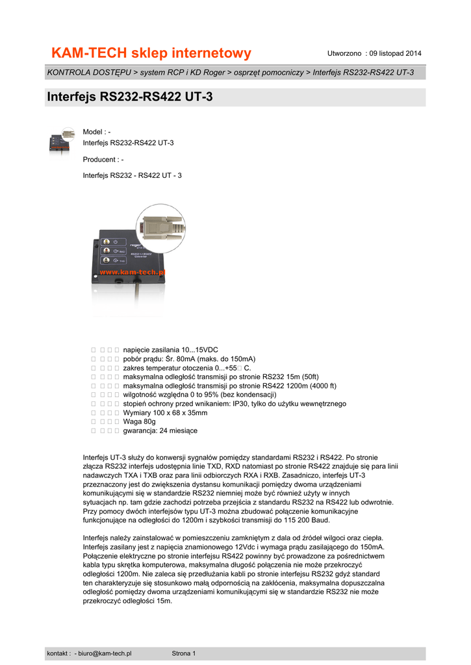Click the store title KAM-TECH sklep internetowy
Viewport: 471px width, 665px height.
click(151, 53)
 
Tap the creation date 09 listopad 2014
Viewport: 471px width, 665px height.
click(395, 53)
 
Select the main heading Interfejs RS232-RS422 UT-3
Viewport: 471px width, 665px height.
click(130, 97)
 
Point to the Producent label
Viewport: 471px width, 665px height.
click(101, 159)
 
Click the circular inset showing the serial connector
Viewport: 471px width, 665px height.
click(160, 228)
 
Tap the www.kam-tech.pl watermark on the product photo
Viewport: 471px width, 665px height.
click(132, 273)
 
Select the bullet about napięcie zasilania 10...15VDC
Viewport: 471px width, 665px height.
click(170, 349)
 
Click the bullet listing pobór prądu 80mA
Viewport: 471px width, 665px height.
click(188, 358)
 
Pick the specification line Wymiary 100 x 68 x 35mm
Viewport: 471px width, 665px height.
click(165, 412)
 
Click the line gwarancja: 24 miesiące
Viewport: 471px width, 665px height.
click(160, 431)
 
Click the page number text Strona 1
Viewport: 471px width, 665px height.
click(183, 653)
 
